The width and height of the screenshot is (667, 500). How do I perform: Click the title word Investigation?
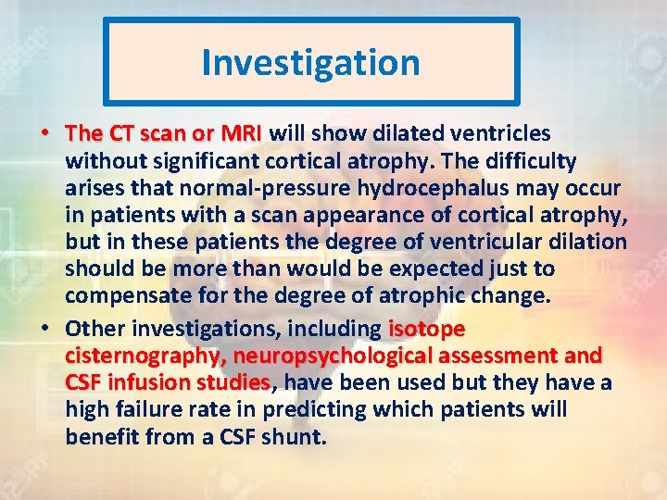point(310,63)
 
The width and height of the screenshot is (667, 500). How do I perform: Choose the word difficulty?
point(528,161)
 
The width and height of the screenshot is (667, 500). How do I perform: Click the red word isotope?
point(426,329)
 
